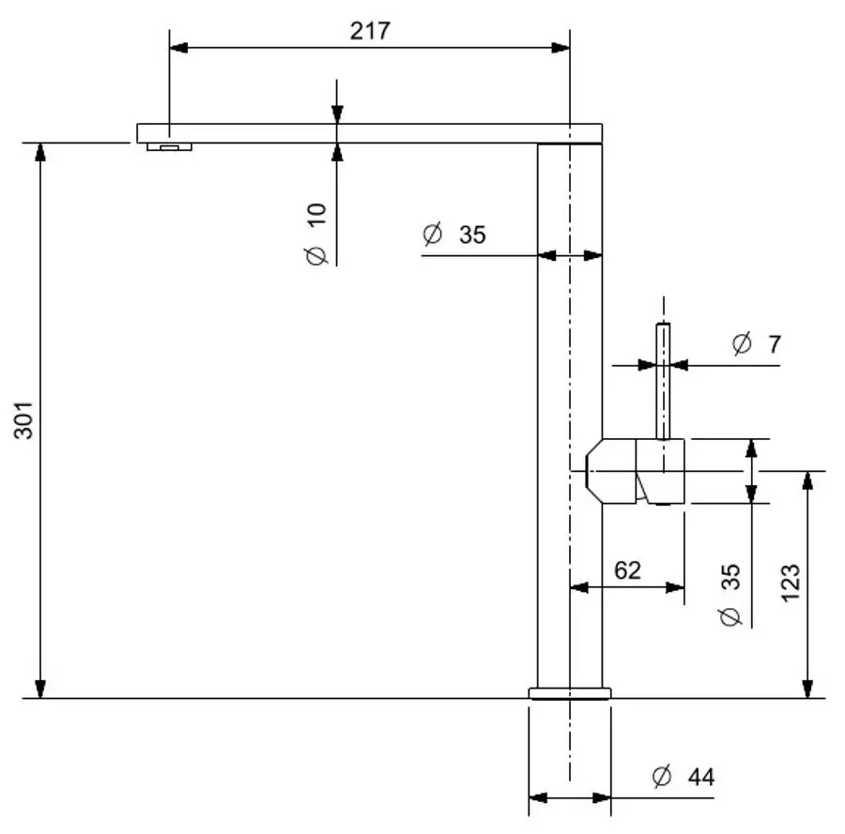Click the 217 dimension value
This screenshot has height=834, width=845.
coord(370,30)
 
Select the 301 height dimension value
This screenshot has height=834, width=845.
coord(24,420)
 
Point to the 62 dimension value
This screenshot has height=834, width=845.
coord(627,569)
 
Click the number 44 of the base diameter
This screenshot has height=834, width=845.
coord(700,778)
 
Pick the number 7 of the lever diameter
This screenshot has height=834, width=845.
coord(774,344)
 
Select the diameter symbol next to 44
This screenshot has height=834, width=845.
coord(662,777)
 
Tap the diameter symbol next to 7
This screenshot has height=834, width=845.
coord(742,344)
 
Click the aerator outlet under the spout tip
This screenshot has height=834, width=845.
coord(169,147)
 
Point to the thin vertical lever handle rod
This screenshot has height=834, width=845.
coord(664,380)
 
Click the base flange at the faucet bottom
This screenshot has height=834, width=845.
coord(570,693)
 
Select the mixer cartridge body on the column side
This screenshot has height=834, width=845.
coord(637,470)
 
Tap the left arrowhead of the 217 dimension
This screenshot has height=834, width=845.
coord(176,46)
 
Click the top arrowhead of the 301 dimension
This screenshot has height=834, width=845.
coord(39,150)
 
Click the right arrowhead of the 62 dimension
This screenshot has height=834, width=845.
coord(677,587)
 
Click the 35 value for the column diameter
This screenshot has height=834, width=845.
coord(472,235)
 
